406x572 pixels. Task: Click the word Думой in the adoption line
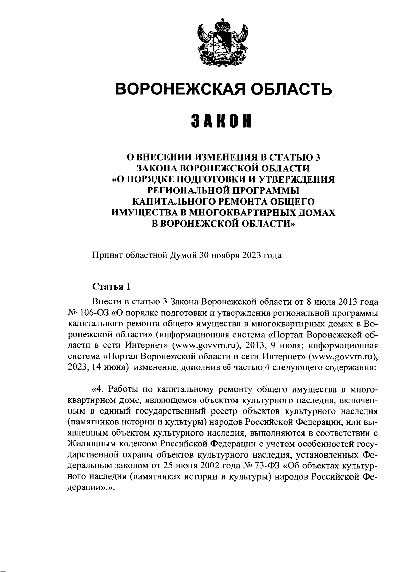coord(186,255)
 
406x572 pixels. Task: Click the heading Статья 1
coord(111,287)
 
